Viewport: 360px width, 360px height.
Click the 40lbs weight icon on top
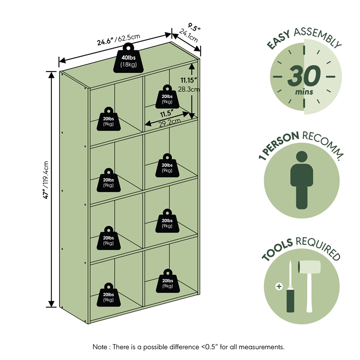click(128, 58)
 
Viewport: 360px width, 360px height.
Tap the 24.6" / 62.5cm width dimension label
click(118, 40)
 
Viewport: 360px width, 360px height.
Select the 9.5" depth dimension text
click(194, 27)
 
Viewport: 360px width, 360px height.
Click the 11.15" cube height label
click(189, 80)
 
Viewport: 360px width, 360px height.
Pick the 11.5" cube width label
click(166, 114)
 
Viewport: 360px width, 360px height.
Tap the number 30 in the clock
click(304, 76)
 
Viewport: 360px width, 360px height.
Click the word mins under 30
click(304, 92)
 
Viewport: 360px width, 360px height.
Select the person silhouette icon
click(301, 180)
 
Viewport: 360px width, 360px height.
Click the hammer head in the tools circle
click(309, 267)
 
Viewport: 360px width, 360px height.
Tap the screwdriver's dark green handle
click(290, 300)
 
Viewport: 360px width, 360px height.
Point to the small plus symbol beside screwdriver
click(279, 286)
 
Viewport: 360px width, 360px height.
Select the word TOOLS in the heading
click(278, 250)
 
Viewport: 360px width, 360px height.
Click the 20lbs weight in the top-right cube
click(167, 97)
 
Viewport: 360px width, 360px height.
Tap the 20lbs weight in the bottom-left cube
click(108, 295)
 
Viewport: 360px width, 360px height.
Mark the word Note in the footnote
click(99, 347)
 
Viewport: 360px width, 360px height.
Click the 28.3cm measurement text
click(189, 89)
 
